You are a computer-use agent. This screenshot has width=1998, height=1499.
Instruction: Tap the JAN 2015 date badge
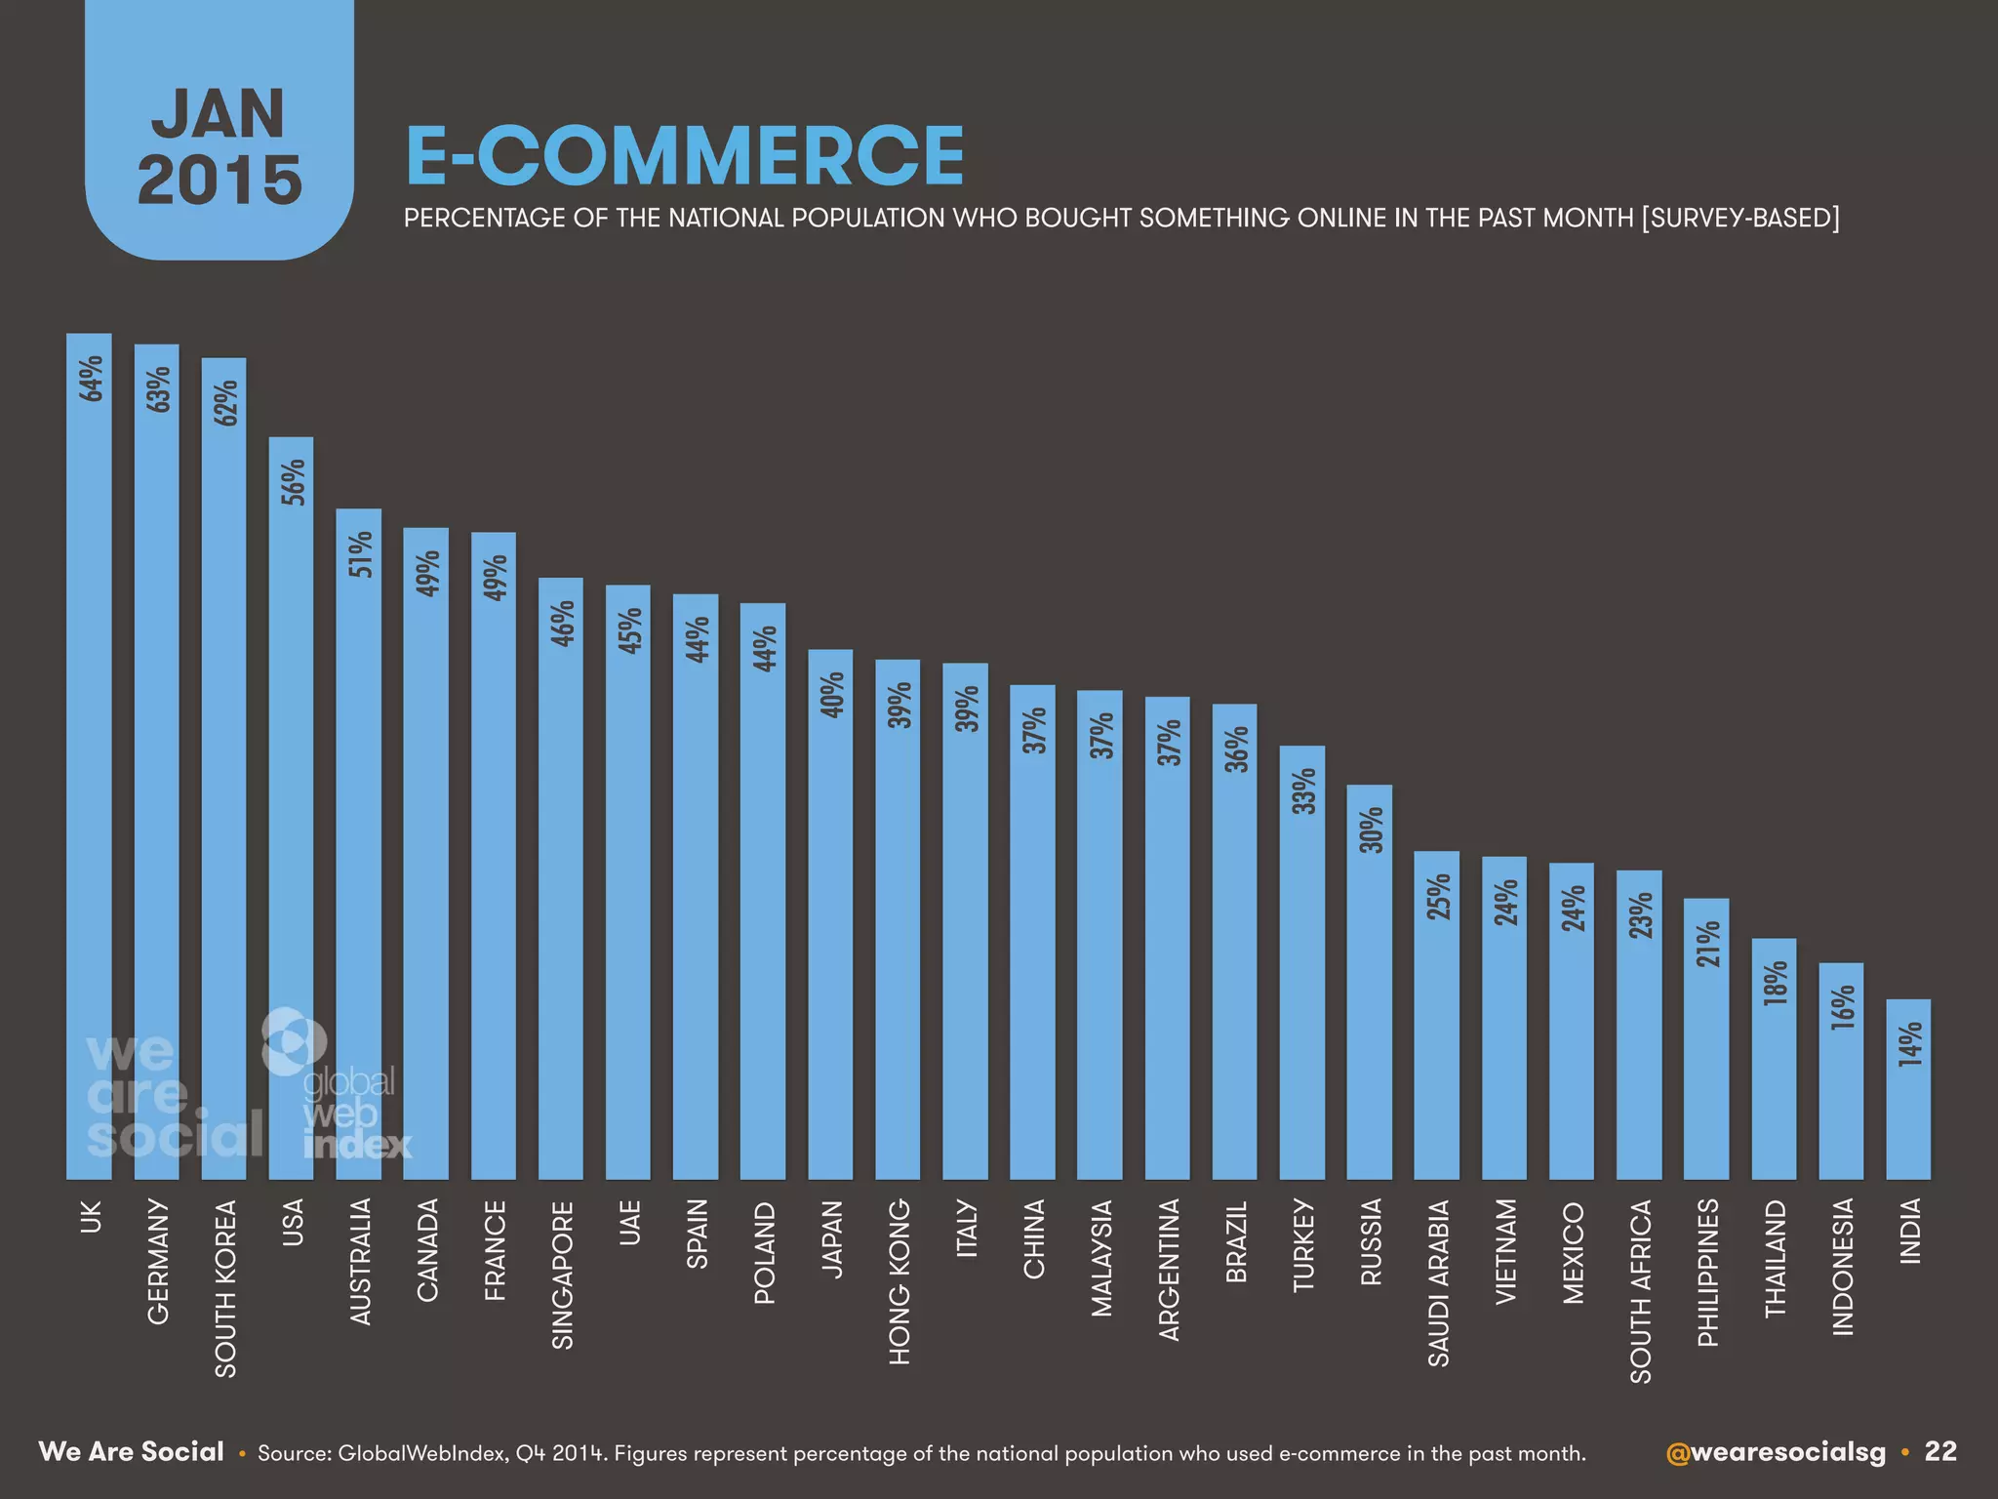click(x=220, y=146)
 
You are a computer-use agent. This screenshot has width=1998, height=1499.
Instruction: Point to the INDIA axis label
click(x=1910, y=1231)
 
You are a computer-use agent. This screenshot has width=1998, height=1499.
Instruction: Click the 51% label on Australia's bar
click(x=361, y=553)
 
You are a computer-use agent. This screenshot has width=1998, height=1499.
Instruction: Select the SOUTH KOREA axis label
click(x=225, y=1288)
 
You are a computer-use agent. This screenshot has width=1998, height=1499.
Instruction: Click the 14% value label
click(x=1910, y=1043)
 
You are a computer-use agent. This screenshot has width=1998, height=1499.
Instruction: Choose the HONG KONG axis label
click(x=899, y=1280)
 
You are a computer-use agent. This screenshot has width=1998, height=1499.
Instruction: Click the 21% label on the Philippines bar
click(x=1707, y=945)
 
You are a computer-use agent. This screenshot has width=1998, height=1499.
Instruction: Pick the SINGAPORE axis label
click(x=563, y=1275)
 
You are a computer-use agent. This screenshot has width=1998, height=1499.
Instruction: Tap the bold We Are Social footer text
click(x=131, y=1452)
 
